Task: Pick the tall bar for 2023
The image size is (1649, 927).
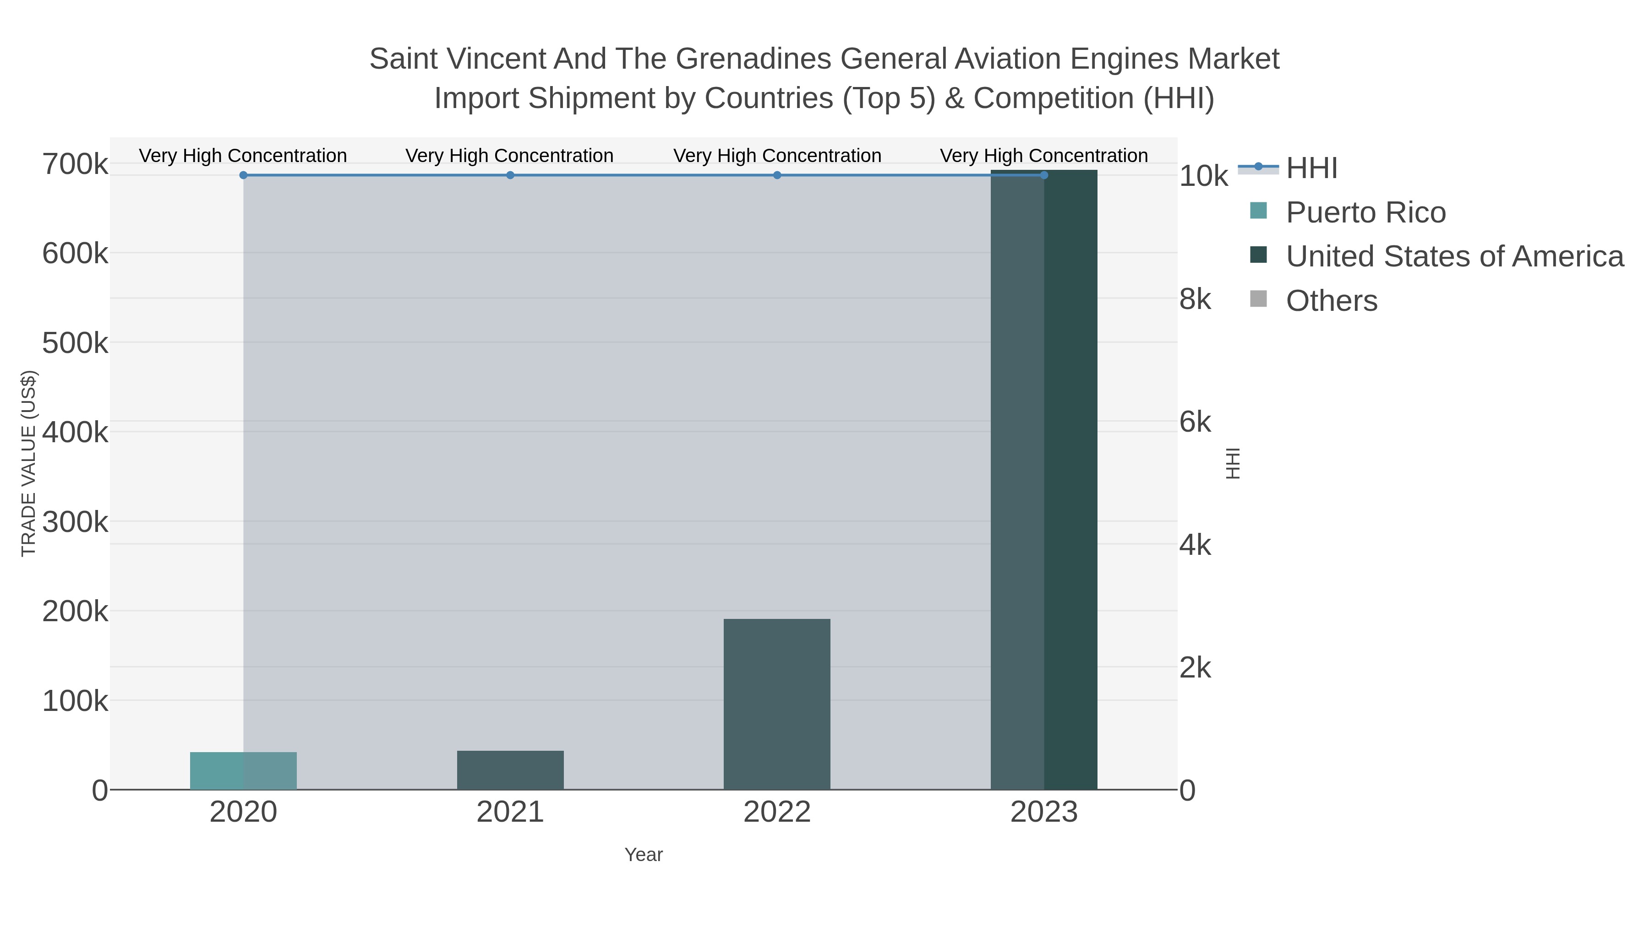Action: click(1043, 480)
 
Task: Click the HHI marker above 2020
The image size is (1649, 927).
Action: click(243, 175)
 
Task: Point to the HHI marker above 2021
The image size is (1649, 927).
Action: click(510, 175)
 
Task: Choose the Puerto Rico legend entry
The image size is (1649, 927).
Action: click(1365, 212)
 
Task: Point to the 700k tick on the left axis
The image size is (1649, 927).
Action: click(75, 164)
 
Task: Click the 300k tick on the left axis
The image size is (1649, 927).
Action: click(75, 522)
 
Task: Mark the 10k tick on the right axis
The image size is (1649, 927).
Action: click(1203, 177)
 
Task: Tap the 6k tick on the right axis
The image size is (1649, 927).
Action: click(1195, 422)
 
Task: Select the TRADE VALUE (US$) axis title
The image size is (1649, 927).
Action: click(29, 463)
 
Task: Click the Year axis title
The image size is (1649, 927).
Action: click(644, 855)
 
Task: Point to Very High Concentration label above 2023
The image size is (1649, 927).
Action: click(1043, 156)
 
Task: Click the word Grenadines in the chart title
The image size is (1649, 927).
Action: click(755, 59)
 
